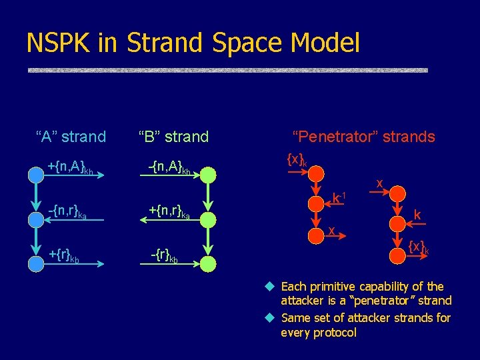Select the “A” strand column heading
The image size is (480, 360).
[x=71, y=137]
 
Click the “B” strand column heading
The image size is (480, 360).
[x=173, y=137]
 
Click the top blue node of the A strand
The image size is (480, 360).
[x=36, y=175]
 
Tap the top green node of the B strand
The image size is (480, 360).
[x=209, y=175]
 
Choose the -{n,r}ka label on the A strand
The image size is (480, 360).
[x=67, y=212]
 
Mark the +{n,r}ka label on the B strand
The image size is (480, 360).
[x=169, y=212]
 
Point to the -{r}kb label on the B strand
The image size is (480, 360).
[x=164, y=256]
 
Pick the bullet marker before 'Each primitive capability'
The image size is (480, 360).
[x=269, y=287]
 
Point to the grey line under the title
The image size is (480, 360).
[x=227, y=70]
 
